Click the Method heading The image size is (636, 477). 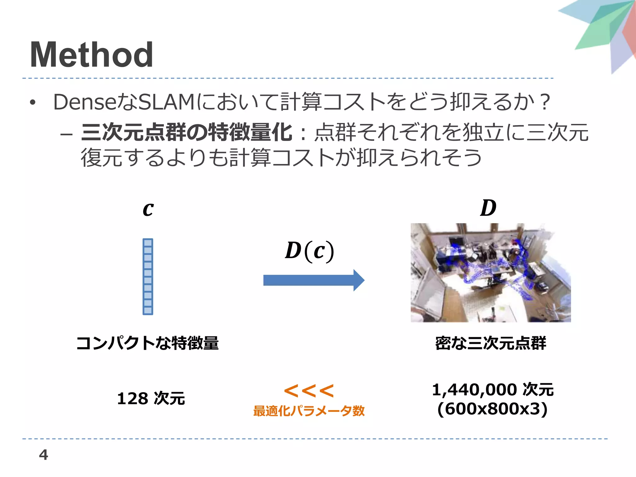click(91, 55)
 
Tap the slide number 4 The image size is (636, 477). click(43, 455)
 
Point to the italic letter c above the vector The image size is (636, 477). click(148, 209)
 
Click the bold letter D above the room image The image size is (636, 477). click(488, 208)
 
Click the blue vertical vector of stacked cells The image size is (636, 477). click(148, 276)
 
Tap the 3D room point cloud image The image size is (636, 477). click(491, 273)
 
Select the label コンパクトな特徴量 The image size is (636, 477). click(148, 343)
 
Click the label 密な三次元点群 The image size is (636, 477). click(491, 343)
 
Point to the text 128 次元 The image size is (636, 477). click(151, 398)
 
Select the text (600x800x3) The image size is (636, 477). click(492, 409)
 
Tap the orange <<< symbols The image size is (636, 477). click(309, 391)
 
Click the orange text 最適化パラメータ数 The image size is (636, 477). click(309, 411)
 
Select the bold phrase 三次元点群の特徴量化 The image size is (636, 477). click(186, 132)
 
